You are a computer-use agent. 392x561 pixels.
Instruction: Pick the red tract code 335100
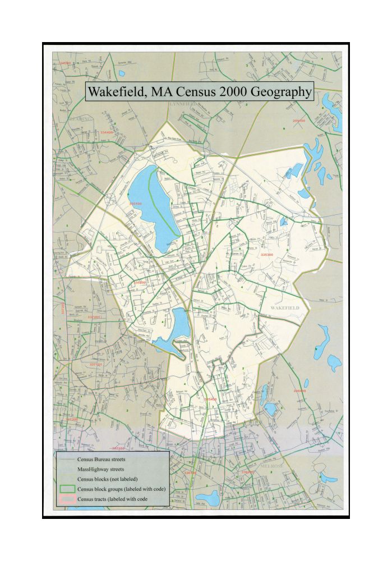point(135,204)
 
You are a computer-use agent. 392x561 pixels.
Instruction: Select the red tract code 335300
point(266,255)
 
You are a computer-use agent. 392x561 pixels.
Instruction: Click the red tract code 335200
point(140,282)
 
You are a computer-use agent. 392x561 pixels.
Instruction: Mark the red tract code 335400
point(210,399)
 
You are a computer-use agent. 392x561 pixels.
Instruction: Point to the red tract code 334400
point(107,132)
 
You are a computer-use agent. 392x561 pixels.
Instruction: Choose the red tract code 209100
point(298,121)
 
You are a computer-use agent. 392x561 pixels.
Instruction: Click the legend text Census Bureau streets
point(101,459)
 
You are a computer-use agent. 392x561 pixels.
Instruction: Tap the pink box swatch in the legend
point(68,499)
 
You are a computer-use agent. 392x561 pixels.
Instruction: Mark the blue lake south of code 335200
point(179,325)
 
